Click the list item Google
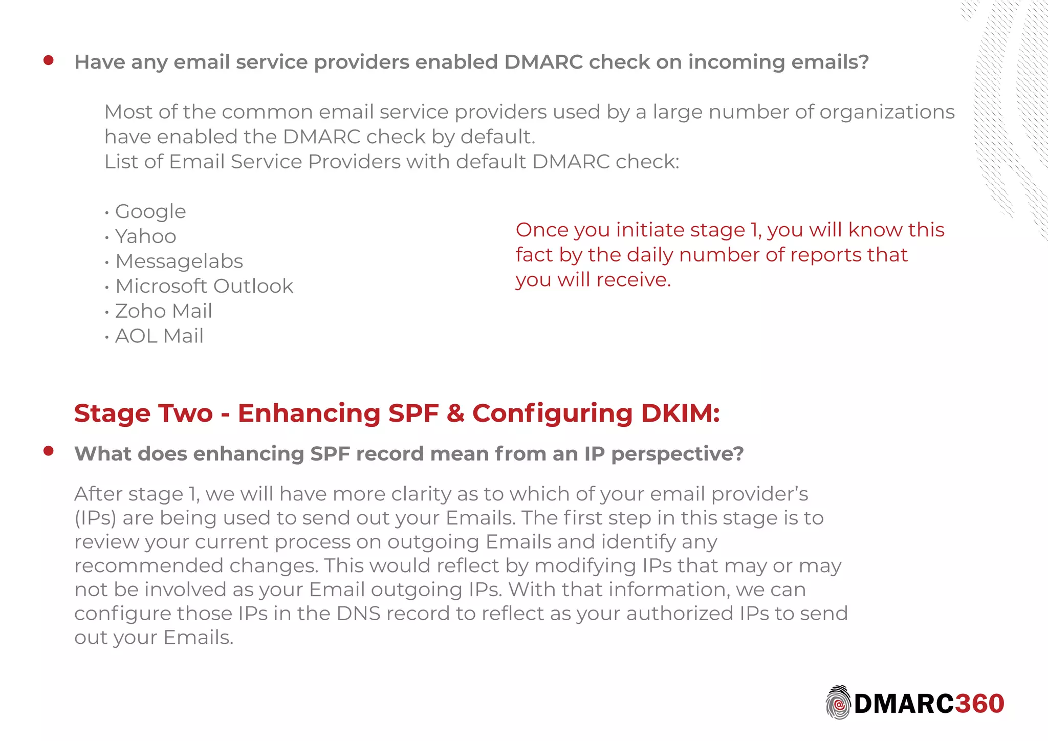coord(150,211)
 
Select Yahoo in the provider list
coord(145,236)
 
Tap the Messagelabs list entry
coord(179,261)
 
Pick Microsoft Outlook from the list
coord(204,286)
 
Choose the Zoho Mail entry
coord(163,311)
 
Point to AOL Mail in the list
coord(159,336)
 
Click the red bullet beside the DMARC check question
coord(49,61)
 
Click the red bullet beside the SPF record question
coord(49,451)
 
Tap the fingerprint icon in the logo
coord(838,703)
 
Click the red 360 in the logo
coord(979,704)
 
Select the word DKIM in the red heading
coord(680,413)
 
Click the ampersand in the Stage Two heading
coord(455,413)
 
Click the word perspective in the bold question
coord(677,454)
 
